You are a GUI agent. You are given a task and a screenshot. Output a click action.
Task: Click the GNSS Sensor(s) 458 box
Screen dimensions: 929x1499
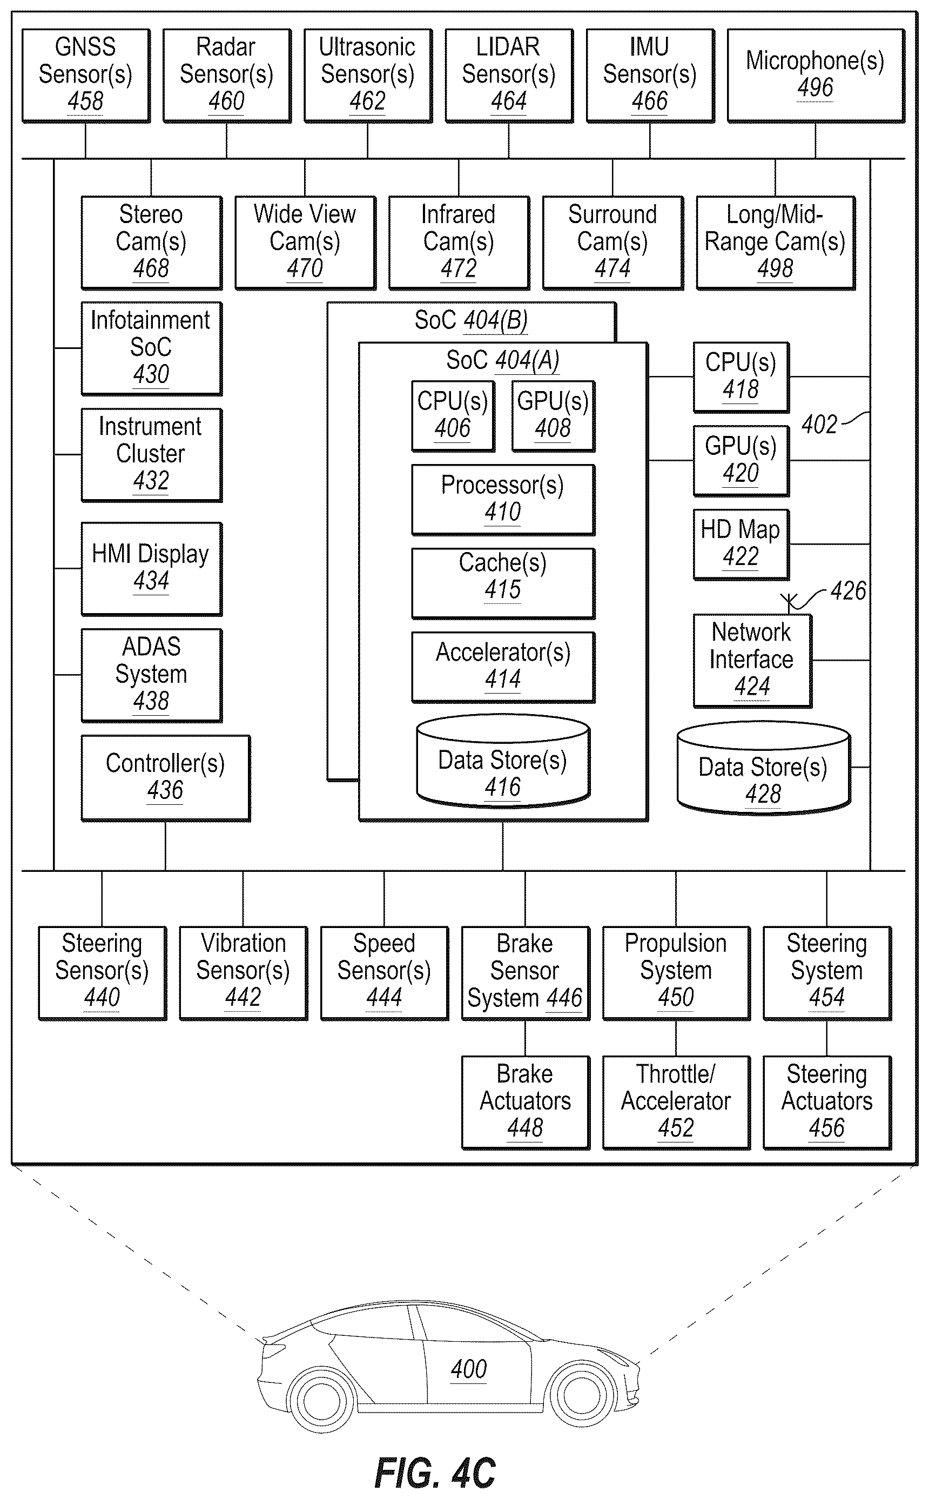tap(86, 76)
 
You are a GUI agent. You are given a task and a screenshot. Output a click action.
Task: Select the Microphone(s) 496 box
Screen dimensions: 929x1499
tap(816, 76)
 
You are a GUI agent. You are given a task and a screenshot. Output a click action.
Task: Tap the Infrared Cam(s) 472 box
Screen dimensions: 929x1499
tap(459, 243)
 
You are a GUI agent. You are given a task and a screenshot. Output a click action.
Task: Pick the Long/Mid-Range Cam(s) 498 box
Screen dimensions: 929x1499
tap(776, 243)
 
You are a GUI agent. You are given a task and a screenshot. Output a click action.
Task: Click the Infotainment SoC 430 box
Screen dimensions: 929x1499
tap(152, 348)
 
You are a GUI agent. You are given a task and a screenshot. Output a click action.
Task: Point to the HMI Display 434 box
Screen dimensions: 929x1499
tap(152, 569)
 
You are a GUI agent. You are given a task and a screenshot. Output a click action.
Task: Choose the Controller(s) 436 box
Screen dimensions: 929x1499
tap(166, 778)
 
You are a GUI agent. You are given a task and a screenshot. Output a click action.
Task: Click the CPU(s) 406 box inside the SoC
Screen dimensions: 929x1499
tap(453, 416)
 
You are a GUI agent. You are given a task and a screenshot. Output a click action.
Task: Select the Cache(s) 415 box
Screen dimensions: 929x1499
tap(503, 583)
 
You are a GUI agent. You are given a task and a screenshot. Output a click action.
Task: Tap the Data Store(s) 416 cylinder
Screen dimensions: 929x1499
tap(503, 761)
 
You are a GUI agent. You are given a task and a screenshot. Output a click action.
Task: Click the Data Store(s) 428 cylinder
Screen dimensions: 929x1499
tap(764, 768)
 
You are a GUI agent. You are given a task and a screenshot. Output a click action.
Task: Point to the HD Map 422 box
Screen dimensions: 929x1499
tap(741, 545)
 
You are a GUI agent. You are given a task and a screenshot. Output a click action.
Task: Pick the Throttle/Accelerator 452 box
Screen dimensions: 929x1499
tap(676, 1102)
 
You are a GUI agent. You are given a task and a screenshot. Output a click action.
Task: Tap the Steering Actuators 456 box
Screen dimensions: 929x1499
tap(827, 1102)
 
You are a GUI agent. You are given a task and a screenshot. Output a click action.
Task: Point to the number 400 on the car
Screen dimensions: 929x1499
tap(469, 1369)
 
